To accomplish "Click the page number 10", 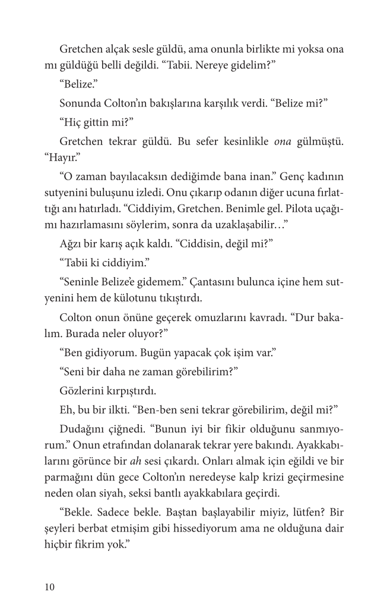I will [x=49, y=587].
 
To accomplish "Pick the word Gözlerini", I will [x=83, y=392].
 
